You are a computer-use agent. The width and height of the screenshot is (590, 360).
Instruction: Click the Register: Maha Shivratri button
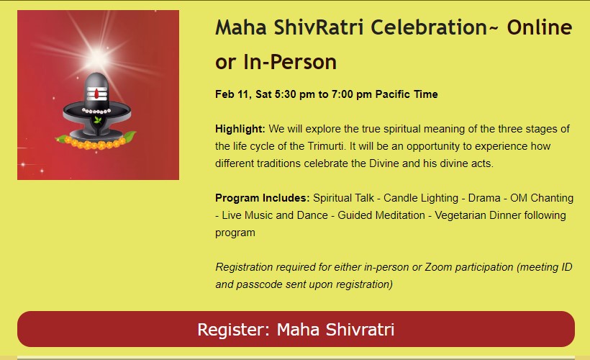point(296,329)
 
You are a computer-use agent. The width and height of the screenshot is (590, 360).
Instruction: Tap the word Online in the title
point(539,27)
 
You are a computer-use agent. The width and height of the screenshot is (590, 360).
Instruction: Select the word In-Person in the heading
point(290,62)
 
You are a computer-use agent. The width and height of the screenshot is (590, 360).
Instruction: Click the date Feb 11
point(233,94)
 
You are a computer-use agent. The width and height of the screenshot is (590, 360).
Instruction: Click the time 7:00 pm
point(351,94)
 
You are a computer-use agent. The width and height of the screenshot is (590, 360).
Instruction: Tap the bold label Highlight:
point(240,129)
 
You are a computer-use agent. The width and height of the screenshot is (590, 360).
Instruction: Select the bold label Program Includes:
point(263,198)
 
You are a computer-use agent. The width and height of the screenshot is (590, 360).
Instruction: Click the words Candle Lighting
point(421,198)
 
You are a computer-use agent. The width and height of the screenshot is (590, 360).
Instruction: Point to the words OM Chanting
point(542,198)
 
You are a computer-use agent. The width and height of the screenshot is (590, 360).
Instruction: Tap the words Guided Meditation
point(381,215)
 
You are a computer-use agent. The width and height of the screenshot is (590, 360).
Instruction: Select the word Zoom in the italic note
point(438,267)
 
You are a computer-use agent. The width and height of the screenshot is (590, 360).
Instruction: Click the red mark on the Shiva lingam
point(96,94)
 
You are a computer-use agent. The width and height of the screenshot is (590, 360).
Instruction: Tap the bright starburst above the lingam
point(97,57)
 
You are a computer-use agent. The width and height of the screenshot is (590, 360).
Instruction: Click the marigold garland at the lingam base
point(96,143)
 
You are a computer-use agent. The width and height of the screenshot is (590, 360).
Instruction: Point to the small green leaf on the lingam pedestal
point(97,120)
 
